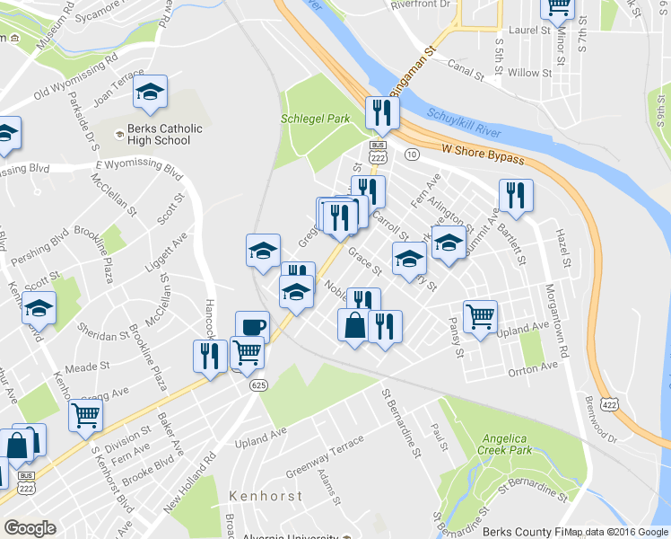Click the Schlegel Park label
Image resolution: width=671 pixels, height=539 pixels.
[315, 118]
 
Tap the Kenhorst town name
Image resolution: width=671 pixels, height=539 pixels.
[265, 495]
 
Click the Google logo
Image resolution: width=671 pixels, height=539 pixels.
[30, 528]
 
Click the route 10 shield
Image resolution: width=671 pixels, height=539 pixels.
[412, 155]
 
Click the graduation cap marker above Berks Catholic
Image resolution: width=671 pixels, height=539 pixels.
[151, 91]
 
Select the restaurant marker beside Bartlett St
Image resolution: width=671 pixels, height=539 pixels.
[516, 195]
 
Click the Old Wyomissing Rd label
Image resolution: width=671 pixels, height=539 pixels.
[74, 80]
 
